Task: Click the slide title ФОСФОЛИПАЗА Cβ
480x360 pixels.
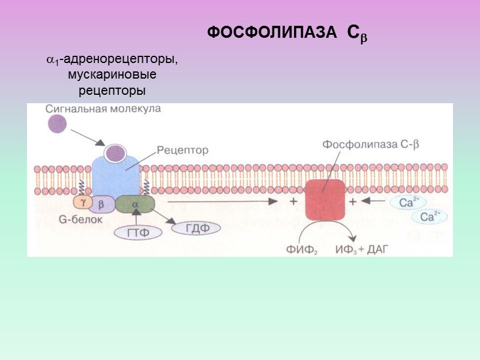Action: click(287, 34)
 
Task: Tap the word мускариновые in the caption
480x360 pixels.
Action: click(112, 75)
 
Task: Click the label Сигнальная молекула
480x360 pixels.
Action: click(103, 109)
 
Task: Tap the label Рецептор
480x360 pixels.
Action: click(182, 151)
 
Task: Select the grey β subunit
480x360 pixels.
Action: click(101, 204)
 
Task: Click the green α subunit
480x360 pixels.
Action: click(134, 204)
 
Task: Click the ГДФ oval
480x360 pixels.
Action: click(196, 228)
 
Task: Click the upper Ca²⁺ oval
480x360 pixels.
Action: click(409, 202)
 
